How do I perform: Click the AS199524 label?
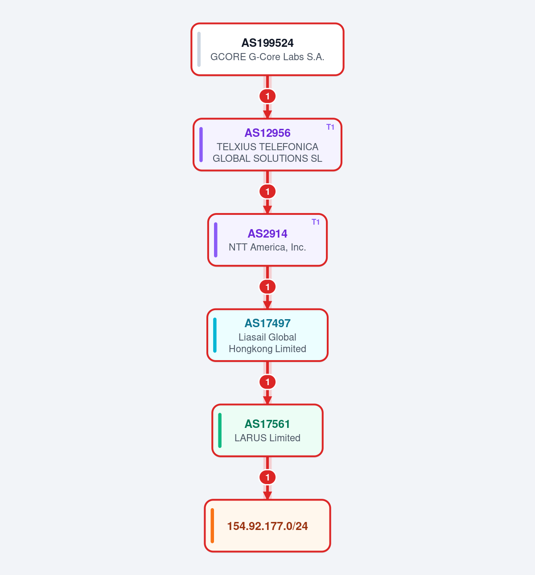pyautogui.click(x=267, y=43)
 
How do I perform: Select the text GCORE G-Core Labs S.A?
pyautogui.click(x=267, y=57)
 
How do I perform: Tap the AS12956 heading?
pyautogui.click(x=267, y=133)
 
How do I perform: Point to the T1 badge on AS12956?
pyautogui.click(x=330, y=127)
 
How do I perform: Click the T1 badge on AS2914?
pyautogui.click(x=316, y=222)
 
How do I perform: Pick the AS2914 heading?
pyautogui.click(x=267, y=234)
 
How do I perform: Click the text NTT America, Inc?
pyautogui.click(x=267, y=247)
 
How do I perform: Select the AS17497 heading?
pyautogui.click(x=267, y=323)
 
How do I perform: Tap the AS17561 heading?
pyautogui.click(x=267, y=424)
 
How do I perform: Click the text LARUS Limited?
pyautogui.click(x=267, y=438)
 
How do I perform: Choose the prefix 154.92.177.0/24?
pyautogui.click(x=267, y=526)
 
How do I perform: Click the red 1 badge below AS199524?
pyautogui.click(x=267, y=96)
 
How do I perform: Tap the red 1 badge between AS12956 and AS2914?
pyautogui.click(x=267, y=191)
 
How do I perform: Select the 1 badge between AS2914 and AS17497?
pyautogui.click(x=267, y=287)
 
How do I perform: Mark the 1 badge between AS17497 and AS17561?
pyautogui.click(x=267, y=382)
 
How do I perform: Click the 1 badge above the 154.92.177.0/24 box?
pyautogui.click(x=267, y=477)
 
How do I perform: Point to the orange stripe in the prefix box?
pyautogui.click(x=212, y=526)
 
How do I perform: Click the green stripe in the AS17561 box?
pyautogui.click(x=220, y=430)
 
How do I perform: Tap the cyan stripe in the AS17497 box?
pyautogui.click(x=215, y=335)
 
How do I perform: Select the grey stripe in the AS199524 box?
pyautogui.click(x=199, y=49)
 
